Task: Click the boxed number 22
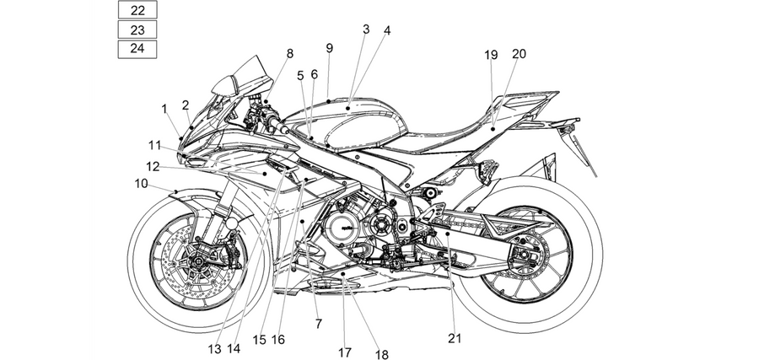coord(137,9)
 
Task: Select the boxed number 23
coord(137,30)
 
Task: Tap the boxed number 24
coord(137,49)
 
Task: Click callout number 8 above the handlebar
coord(290,54)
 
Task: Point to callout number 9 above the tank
coord(330,48)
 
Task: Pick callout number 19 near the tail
coord(491,55)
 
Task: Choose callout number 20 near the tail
coord(519,54)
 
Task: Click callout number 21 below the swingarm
coord(455,338)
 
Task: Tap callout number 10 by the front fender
coord(142,184)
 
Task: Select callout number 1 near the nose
coord(164,109)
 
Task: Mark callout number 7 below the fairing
coord(319,324)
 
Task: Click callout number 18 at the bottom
coord(382,355)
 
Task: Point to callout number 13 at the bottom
coord(214,349)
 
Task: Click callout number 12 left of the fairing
coord(153,166)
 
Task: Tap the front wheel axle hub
coord(198,261)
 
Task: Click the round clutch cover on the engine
coord(342,227)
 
